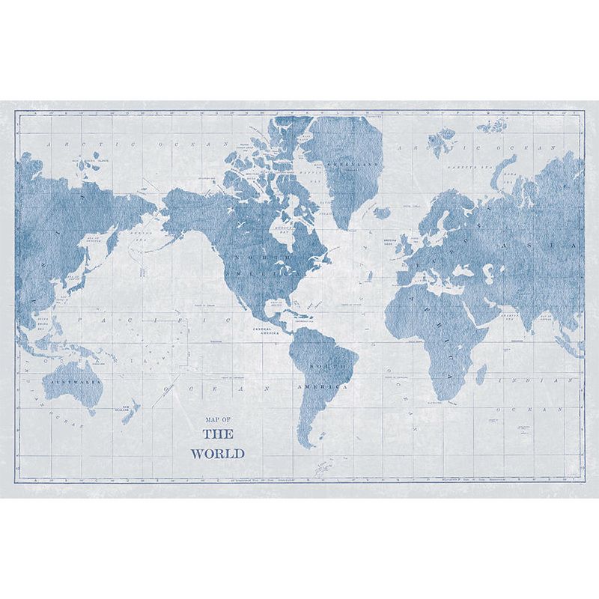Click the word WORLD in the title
point(217,453)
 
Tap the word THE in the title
point(218,434)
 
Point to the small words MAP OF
point(217,420)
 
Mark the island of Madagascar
point(481,374)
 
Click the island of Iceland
point(382,213)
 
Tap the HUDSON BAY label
point(282,225)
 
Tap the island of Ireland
point(400,242)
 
